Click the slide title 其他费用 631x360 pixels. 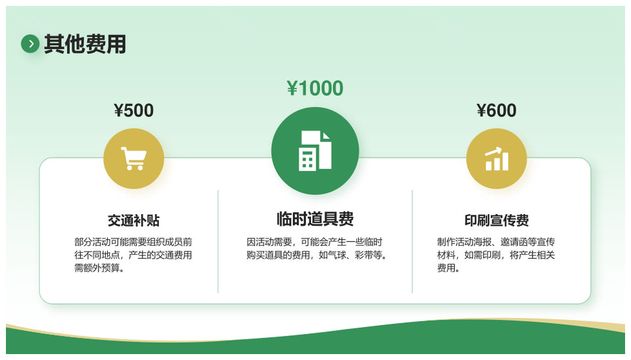pos(85,44)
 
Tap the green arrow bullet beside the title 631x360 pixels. pos(30,44)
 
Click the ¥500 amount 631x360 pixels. pos(133,110)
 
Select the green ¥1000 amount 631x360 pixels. pos(315,88)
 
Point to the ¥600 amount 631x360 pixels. pos(496,110)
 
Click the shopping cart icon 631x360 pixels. pos(133,158)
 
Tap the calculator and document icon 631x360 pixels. pos(315,151)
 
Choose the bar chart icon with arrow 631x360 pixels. pos(497,158)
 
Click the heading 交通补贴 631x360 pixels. pos(133,221)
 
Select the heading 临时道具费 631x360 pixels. pos(315,219)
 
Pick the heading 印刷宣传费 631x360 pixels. pos(497,221)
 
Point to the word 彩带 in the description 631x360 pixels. pos(363,255)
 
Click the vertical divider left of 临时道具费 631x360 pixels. pos(218,241)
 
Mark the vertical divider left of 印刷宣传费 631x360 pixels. pos(413,241)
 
